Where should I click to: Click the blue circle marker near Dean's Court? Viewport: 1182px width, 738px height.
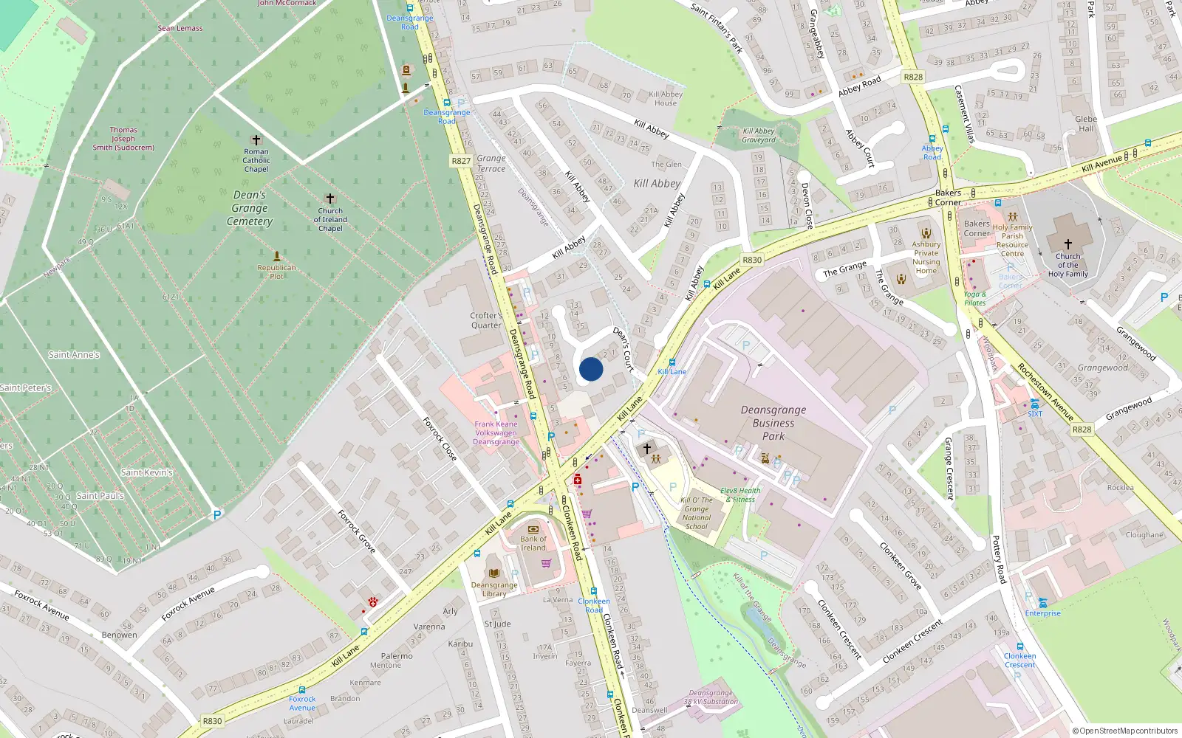point(591,369)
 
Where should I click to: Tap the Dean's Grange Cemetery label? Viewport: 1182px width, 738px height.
point(250,208)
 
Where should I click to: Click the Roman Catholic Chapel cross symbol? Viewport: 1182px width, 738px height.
point(256,139)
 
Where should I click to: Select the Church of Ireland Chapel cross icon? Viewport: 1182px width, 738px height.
point(330,199)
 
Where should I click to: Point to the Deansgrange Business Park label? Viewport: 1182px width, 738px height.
point(773,423)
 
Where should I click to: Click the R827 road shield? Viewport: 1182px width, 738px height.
point(461,160)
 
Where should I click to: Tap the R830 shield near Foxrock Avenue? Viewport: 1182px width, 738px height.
point(212,721)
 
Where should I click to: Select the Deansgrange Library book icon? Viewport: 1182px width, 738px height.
point(494,573)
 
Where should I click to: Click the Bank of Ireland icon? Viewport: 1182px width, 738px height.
point(533,528)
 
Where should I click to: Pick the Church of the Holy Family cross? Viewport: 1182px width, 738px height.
point(1067,244)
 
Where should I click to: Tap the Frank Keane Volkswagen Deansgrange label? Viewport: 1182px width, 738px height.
point(496,432)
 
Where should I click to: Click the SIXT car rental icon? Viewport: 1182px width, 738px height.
point(1035,404)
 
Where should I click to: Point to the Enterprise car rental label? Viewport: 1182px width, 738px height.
point(1042,613)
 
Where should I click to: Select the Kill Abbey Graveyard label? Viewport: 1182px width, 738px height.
point(759,136)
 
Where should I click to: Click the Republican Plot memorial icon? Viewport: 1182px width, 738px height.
point(277,256)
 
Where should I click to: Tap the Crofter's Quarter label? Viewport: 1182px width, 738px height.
point(485,320)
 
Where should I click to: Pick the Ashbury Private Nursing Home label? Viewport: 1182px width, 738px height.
point(926,258)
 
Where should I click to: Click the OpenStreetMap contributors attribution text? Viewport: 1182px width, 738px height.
point(1125,731)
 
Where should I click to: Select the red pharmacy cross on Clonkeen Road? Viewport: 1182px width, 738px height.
point(578,480)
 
